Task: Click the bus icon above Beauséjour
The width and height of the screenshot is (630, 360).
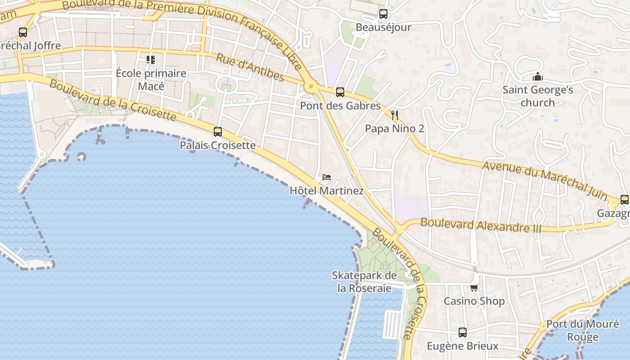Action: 383,14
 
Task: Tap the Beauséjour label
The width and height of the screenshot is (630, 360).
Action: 383,27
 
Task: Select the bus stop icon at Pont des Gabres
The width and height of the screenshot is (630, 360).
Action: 340,92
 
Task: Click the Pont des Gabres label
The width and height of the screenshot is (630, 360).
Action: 340,106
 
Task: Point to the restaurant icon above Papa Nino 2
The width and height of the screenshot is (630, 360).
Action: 395,115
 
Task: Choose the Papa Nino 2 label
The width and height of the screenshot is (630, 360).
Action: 395,129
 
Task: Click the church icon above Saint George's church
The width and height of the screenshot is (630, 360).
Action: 537,77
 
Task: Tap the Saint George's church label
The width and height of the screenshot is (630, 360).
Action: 538,96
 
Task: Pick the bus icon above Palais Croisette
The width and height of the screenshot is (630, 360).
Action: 218,132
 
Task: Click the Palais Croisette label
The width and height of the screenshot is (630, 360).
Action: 218,145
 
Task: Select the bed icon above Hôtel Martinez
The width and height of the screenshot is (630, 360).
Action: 327,177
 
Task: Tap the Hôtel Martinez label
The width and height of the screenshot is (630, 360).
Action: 327,191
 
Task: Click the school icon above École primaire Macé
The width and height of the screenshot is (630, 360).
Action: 151,59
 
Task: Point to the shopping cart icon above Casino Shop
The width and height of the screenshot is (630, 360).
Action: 474,288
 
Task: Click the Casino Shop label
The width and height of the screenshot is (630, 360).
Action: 474,301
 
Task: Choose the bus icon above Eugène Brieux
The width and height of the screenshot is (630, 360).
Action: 463,333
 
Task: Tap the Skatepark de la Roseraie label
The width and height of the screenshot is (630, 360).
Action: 364,282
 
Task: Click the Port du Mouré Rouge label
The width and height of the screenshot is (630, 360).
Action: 582,330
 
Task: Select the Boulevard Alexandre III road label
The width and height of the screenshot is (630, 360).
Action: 481,225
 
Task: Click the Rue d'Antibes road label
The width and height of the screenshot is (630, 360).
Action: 250,67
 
